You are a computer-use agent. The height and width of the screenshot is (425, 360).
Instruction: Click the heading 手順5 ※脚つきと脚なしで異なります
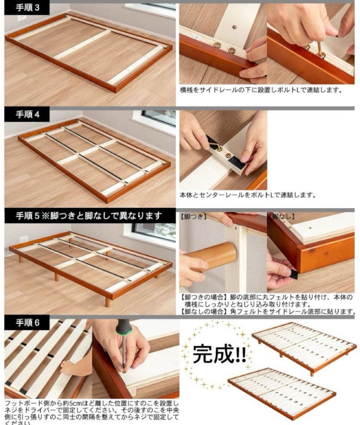89,216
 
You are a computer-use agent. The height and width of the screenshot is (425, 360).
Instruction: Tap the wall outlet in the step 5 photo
24,239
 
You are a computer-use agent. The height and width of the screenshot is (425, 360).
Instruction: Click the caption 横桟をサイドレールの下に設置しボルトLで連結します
261,90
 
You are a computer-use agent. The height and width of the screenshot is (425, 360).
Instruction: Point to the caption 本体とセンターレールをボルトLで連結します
248,195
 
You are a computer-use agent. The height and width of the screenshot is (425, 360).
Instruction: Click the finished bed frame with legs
304,346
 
